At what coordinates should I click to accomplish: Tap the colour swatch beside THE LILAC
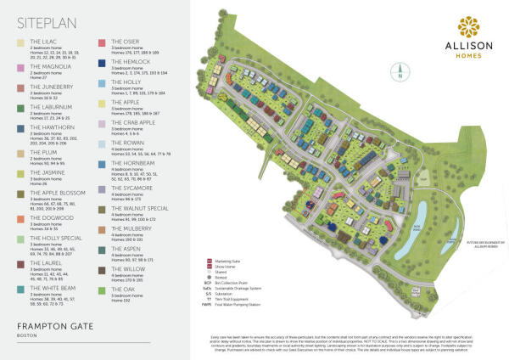pos(20,42)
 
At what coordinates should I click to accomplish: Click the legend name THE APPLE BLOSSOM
pos(58,193)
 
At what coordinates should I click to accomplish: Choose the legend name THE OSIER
pos(126,41)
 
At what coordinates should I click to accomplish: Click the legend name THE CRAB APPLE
pos(133,122)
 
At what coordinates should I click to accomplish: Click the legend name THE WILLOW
pos(128,268)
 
